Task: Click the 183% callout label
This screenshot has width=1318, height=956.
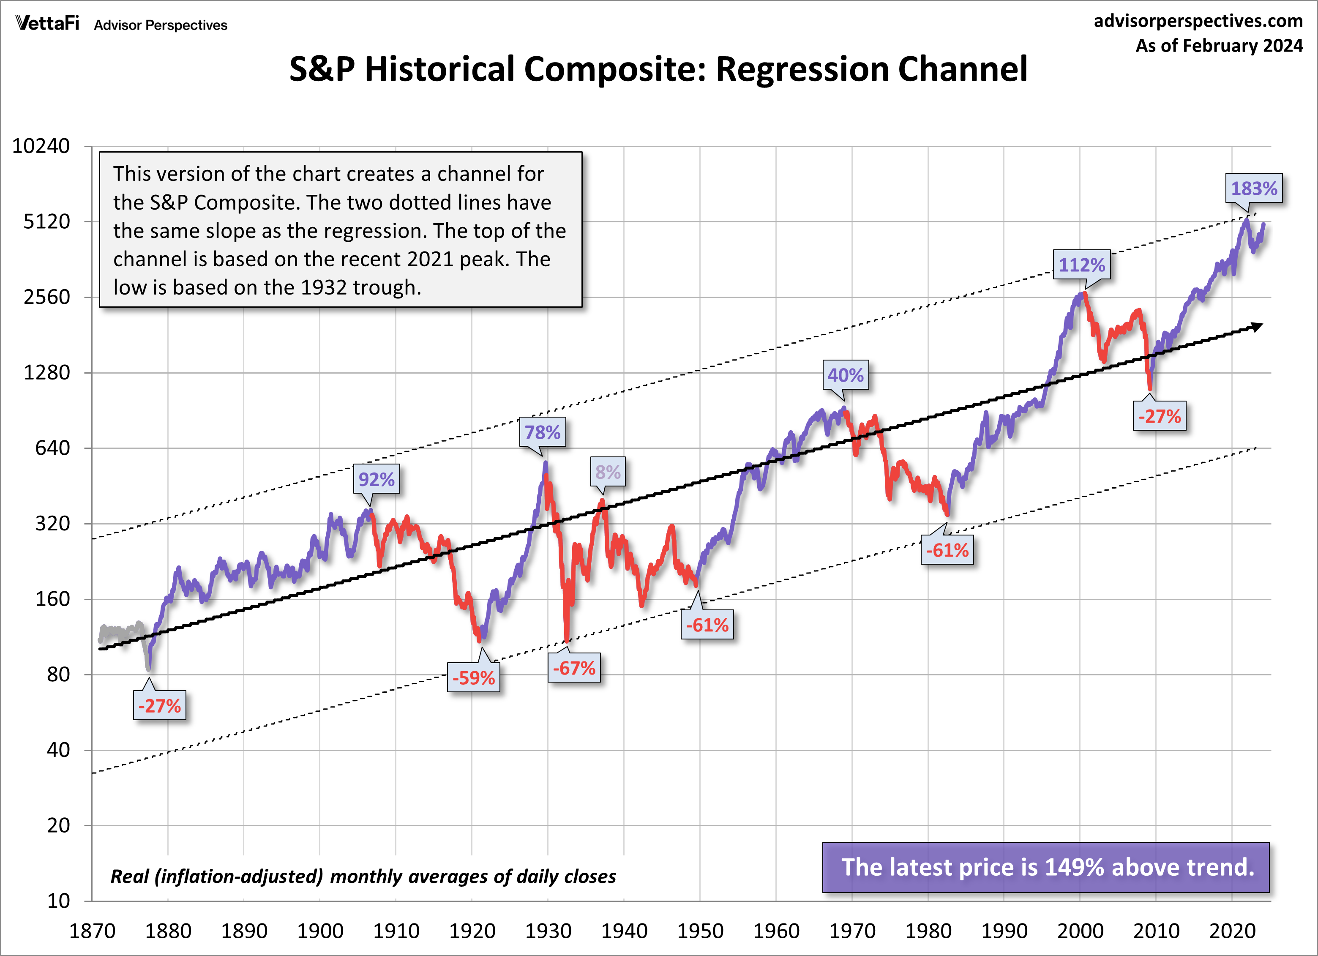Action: tap(1253, 188)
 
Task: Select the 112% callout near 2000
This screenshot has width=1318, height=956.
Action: tap(1081, 265)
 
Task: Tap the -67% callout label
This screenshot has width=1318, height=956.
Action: tap(573, 668)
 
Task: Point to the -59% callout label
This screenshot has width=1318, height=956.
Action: tap(473, 677)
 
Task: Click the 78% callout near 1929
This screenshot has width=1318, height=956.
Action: tap(542, 432)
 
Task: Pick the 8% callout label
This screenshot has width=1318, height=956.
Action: tap(608, 472)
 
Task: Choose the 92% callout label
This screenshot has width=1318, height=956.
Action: tap(376, 479)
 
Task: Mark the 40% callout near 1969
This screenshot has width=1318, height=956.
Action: tap(845, 375)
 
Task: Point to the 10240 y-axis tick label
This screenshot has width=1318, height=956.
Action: tap(41, 146)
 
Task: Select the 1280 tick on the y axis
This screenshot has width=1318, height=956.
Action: tap(46, 372)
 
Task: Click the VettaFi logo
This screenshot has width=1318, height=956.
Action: tap(48, 23)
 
